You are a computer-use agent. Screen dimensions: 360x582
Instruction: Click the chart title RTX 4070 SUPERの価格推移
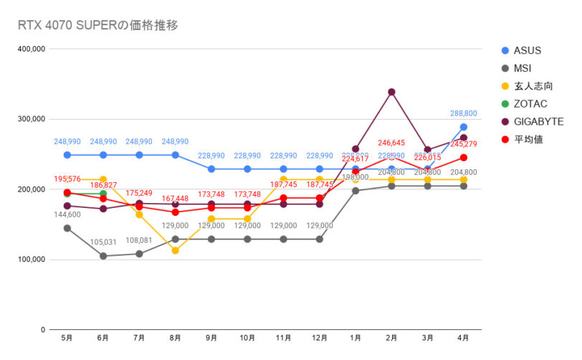pyautogui.click(x=97, y=25)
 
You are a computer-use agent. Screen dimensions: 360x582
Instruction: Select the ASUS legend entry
pyautogui.click(x=527, y=50)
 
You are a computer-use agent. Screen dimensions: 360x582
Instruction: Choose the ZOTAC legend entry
pyautogui.click(x=530, y=104)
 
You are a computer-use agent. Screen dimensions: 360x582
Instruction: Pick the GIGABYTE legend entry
pyautogui.click(x=538, y=122)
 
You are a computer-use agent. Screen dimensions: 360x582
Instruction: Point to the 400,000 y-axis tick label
pyautogui.click(x=31, y=49)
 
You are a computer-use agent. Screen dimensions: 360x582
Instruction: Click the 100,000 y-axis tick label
pyautogui.click(x=31, y=260)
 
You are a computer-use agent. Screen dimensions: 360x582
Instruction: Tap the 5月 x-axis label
pyautogui.click(x=67, y=338)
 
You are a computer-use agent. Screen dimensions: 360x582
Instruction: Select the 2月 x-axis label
pyautogui.click(x=391, y=338)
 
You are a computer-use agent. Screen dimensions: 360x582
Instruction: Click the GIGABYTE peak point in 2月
pyautogui.click(x=391, y=92)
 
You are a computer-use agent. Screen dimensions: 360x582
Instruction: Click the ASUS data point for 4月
pyautogui.click(x=464, y=127)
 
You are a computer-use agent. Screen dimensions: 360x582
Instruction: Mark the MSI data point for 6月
pyautogui.click(x=103, y=256)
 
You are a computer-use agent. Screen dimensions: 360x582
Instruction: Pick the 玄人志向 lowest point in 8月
pyautogui.click(x=175, y=250)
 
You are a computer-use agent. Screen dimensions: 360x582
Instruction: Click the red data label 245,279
pyautogui.click(x=463, y=144)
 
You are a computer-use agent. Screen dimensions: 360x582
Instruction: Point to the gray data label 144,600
pyautogui.click(x=67, y=214)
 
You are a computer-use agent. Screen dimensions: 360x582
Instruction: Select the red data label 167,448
pyautogui.click(x=175, y=199)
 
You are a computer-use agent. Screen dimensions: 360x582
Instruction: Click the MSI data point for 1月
pyautogui.click(x=356, y=191)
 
